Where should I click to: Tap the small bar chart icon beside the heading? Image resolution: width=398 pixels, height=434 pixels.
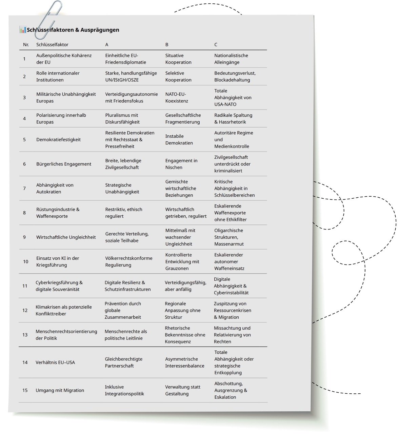[x=22, y=30]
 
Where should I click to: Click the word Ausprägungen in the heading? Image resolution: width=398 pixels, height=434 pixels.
[x=100, y=30]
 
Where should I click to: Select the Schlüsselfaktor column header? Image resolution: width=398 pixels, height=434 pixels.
[x=52, y=44]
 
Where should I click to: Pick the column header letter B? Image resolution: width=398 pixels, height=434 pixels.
[x=167, y=44]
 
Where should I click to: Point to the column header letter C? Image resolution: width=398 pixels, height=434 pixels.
[x=216, y=44]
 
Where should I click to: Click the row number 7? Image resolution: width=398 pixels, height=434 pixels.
[x=24, y=188]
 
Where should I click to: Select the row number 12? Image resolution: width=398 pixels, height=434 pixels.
[x=25, y=310]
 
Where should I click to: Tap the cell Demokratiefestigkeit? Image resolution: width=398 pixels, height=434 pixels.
[x=58, y=139]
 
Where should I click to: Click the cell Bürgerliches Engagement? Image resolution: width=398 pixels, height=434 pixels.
[x=64, y=164]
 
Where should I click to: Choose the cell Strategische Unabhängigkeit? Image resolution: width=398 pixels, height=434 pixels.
[x=122, y=188]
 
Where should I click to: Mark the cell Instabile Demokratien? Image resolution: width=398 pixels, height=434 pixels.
[x=179, y=139]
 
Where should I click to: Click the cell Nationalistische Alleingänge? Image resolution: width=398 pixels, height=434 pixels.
[x=231, y=59]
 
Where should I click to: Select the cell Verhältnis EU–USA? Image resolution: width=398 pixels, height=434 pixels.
[x=55, y=362]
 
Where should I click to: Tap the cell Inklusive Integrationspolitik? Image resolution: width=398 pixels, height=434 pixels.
[x=124, y=390]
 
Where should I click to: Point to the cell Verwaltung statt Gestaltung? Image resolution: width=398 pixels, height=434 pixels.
[x=182, y=390]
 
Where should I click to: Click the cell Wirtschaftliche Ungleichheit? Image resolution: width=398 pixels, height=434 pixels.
[x=66, y=237]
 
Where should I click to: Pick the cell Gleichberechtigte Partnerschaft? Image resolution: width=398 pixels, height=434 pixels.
[x=123, y=362]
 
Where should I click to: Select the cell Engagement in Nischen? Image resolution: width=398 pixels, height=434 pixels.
[x=181, y=164]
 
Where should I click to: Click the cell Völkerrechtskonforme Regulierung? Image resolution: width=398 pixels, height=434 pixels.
[x=128, y=261]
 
